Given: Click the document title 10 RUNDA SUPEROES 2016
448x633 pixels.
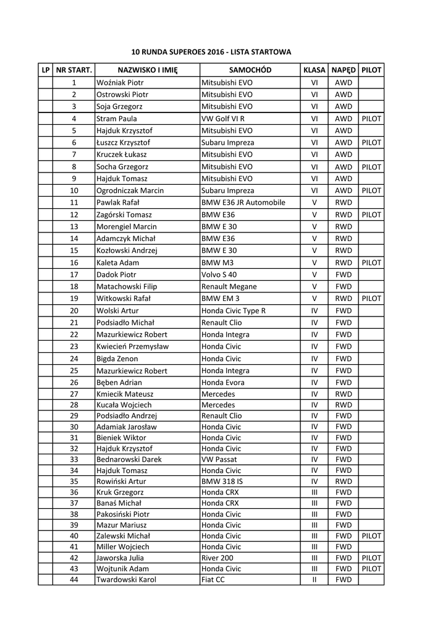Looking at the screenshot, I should click(x=211, y=52).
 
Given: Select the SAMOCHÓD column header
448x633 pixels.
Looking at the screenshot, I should click(x=250, y=70).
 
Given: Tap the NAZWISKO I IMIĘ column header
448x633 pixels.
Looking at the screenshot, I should click(x=147, y=70).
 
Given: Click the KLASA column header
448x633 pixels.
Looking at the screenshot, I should click(x=314, y=70).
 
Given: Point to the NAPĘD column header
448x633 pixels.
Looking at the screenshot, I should click(x=343, y=70).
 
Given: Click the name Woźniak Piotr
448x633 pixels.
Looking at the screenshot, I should click(x=120, y=82).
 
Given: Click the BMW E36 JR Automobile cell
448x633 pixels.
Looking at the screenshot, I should click(x=243, y=202).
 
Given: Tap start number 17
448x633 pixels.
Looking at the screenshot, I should click(x=74, y=274).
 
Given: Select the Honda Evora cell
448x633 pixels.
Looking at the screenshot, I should click(x=223, y=383).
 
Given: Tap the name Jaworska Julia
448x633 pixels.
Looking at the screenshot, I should click(x=119, y=558).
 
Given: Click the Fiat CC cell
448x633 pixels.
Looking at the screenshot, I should click(x=213, y=579).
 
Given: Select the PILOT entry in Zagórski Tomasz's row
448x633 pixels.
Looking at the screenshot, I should click(x=371, y=215).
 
